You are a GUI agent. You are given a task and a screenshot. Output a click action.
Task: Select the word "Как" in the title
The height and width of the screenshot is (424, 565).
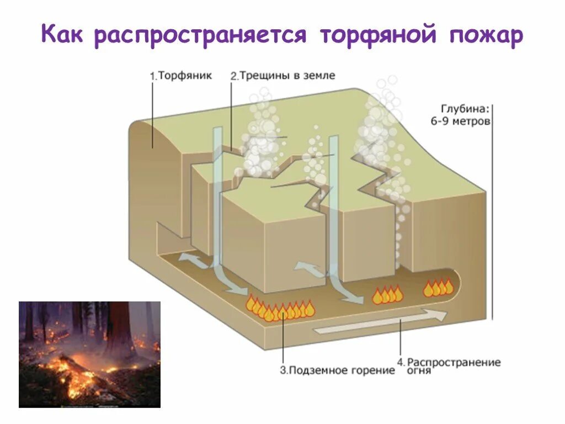64,36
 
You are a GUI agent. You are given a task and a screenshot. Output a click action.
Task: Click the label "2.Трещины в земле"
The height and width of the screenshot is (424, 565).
282,76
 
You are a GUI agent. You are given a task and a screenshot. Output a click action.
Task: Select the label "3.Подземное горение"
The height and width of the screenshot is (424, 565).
338,370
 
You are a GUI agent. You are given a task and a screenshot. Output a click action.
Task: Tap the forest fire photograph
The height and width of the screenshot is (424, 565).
89,354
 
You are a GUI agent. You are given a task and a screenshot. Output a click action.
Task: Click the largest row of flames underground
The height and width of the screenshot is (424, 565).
280,310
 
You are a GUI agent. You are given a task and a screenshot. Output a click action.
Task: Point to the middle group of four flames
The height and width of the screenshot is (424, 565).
387,295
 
